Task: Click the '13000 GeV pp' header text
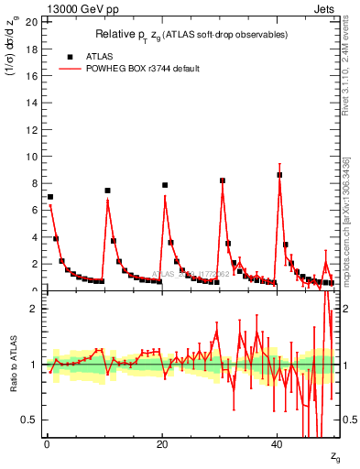click(x=76, y=8)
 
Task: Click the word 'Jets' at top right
click(x=325, y=8)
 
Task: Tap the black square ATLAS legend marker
click(x=70, y=57)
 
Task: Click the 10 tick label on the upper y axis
click(x=33, y=156)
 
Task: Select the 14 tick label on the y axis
click(x=33, y=102)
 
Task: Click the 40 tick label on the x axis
click(x=277, y=444)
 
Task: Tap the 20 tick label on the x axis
click(x=162, y=444)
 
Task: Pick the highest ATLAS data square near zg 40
click(x=279, y=175)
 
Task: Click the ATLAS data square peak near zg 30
click(x=223, y=180)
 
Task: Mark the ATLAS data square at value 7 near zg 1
click(x=50, y=197)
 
